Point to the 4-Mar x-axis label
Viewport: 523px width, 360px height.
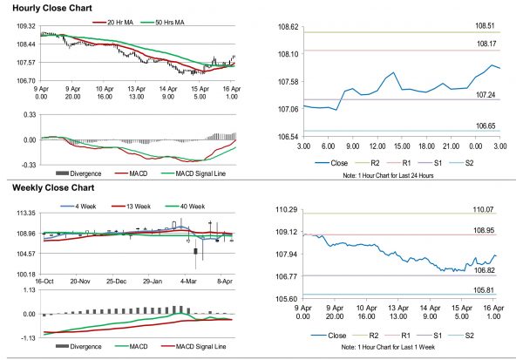190,282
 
